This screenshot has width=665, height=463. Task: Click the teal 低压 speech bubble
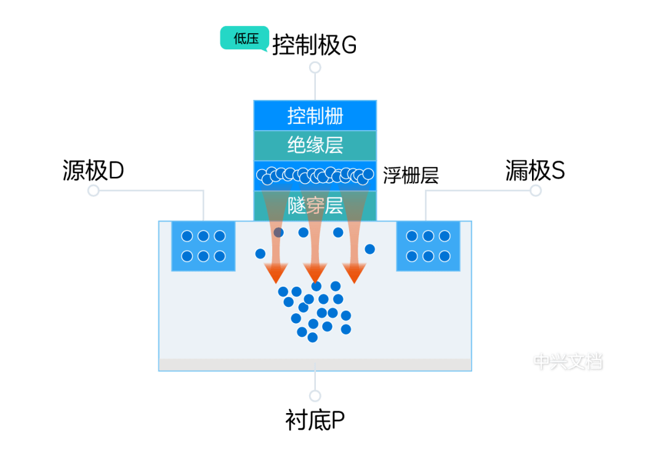[244, 38]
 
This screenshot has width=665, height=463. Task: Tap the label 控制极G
[314, 45]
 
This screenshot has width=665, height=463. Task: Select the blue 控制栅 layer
[315, 115]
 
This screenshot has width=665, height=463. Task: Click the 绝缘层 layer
[315, 145]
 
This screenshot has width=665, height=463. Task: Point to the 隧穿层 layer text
[315, 206]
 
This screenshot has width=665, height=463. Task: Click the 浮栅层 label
[411, 176]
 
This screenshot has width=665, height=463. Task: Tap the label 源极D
[94, 171]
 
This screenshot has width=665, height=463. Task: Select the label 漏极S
[535, 171]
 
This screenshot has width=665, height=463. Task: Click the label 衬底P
[315, 420]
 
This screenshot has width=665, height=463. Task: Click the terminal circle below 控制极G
[315, 68]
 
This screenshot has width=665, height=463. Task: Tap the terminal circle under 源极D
[94, 191]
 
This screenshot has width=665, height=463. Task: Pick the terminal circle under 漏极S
[536, 191]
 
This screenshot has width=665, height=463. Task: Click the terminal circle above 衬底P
[315, 396]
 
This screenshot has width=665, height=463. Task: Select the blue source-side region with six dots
[203, 246]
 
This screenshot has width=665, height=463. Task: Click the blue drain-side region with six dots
[428, 246]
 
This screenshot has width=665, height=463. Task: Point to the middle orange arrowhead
[315, 272]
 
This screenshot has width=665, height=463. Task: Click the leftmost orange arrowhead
[276, 272]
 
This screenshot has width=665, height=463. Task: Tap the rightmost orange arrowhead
[354, 272]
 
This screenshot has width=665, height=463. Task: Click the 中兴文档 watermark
[568, 361]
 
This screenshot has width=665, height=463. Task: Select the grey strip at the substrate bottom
[315, 364]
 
